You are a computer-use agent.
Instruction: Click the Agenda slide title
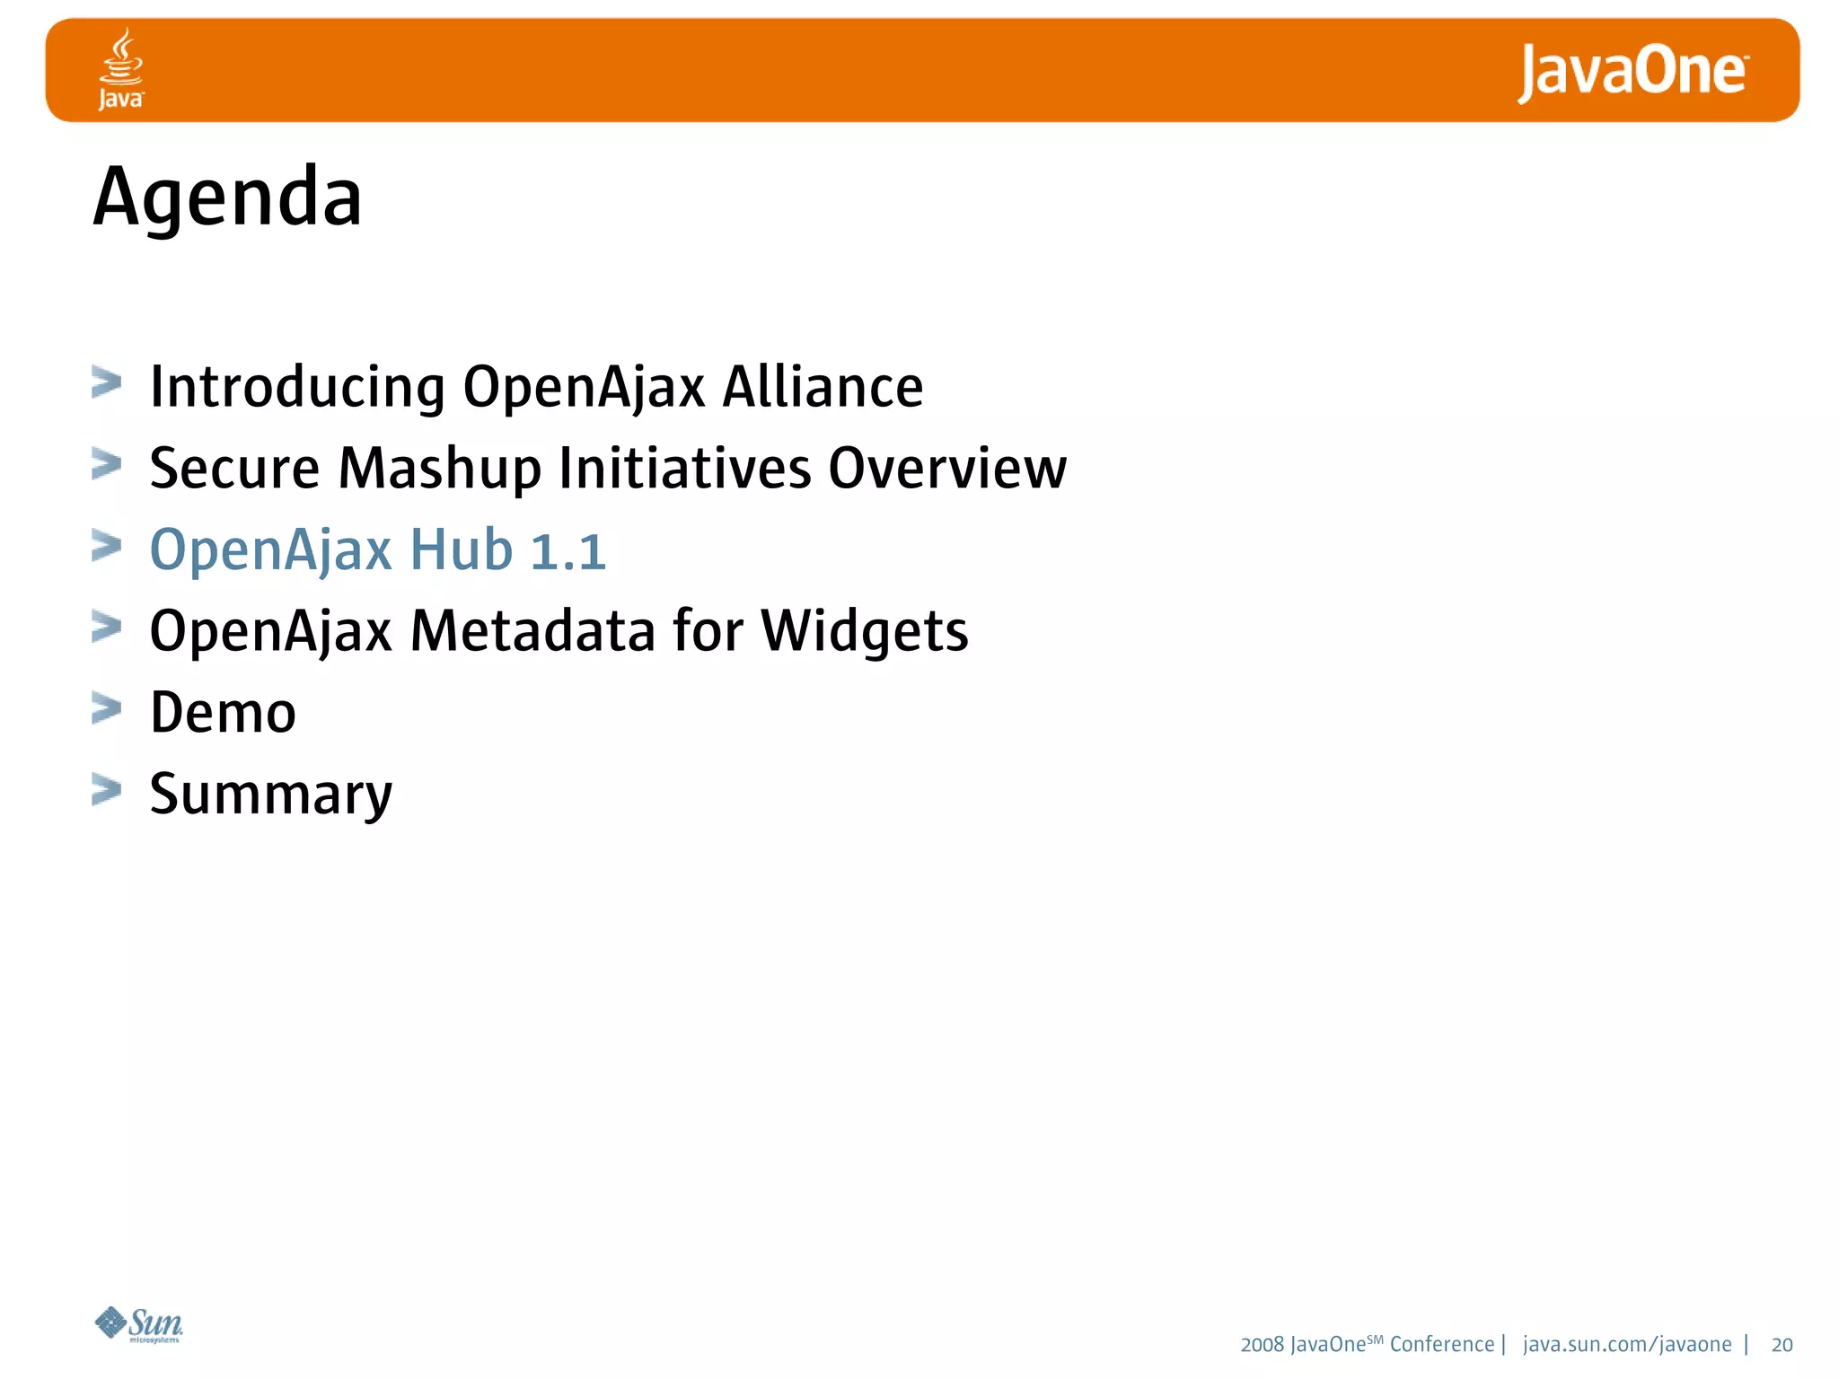pyautogui.click(x=228, y=198)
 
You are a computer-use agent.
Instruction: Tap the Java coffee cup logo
pyautogui.click(x=121, y=68)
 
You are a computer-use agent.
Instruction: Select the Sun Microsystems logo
pyautogui.click(x=140, y=1324)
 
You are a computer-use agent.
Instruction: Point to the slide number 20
pyautogui.click(x=1782, y=1345)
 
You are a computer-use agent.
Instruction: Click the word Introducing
pyautogui.click(x=297, y=388)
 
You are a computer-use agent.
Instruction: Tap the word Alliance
pyautogui.click(x=823, y=388)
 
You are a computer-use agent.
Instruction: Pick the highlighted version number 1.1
pyautogui.click(x=568, y=550)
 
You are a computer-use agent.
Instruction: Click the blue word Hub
pyautogui.click(x=462, y=550)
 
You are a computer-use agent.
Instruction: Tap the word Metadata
pyautogui.click(x=533, y=631)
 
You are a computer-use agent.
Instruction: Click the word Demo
pyautogui.click(x=223, y=713)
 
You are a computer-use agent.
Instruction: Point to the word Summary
pyautogui.click(x=271, y=795)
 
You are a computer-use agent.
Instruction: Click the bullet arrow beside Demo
pyautogui.click(x=107, y=708)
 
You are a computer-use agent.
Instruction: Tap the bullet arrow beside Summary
pyautogui.click(x=107, y=790)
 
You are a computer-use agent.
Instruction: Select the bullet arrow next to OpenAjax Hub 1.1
pyautogui.click(x=107, y=546)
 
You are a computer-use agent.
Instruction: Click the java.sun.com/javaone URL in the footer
pyautogui.click(x=1627, y=1345)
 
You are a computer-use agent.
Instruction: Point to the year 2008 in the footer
pyautogui.click(x=1263, y=1345)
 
